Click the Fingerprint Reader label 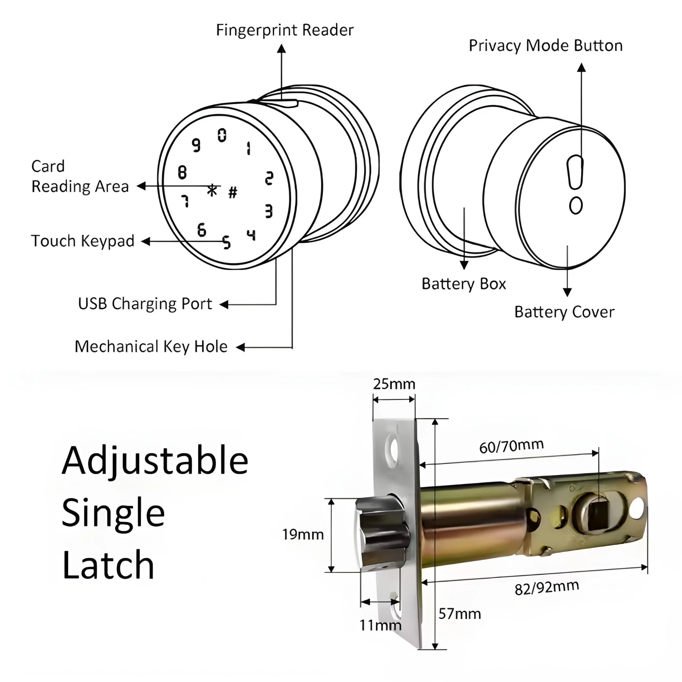tap(284, 30)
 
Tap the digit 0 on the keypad tap(222, 135)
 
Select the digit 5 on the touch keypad tap(227, 242)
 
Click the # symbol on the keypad tap(233, 192)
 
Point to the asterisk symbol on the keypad tap(212, 190)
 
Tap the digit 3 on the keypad tap(269, 211)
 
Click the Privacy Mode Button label tap(545, 46)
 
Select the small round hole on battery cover tap(576, 205)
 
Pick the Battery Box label tap(463, 284)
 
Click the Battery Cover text tap(564, 312)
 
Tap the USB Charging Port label tap(145, 304)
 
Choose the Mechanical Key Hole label tap(151, 347)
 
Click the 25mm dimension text tap(394, 384)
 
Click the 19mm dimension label tap(302, 535)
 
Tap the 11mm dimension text tap(380, 625)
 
